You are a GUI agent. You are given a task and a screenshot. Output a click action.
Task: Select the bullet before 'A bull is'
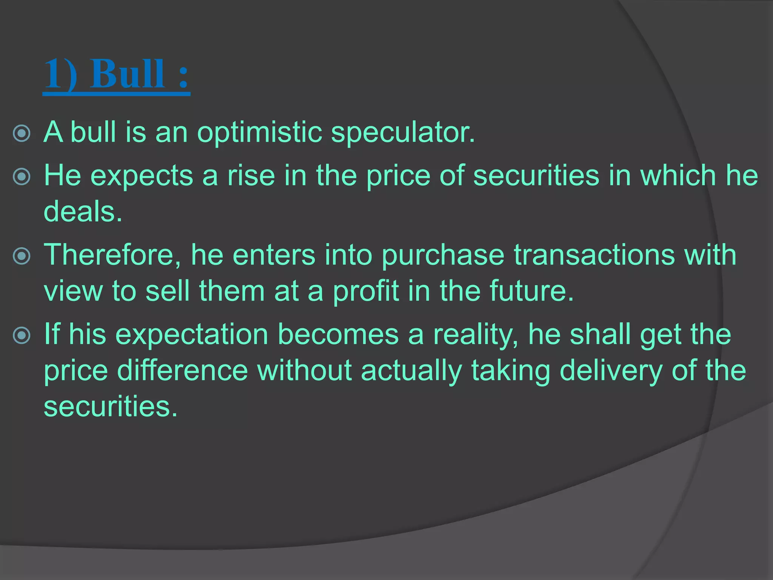[x=22, y=133]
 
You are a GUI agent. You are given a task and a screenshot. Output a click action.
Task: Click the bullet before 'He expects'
[x=22, y=177]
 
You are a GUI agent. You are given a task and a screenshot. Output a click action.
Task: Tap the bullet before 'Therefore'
[x=22, y=256]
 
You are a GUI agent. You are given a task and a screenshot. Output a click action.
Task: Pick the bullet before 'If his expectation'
[x=22, y=335]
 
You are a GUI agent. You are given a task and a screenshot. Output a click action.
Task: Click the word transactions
[x=594, y=255]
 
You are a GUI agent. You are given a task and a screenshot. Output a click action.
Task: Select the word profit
[x=366, y=292]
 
